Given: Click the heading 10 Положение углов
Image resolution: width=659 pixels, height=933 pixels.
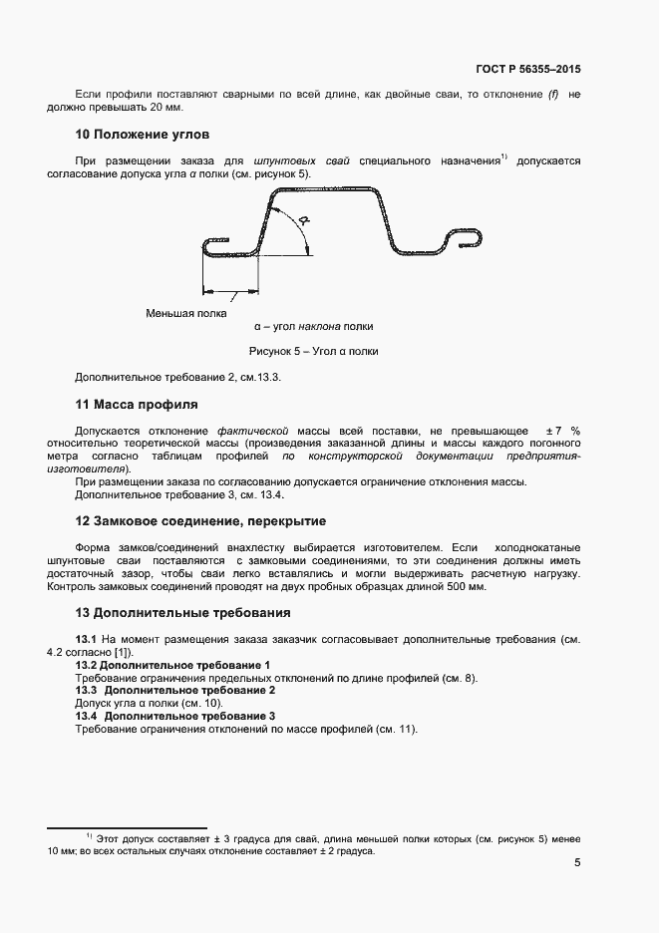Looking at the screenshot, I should click(142, 134).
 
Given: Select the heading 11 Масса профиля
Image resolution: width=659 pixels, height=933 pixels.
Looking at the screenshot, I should click(137, 405).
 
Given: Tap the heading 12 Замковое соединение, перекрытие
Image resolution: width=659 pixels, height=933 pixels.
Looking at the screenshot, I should click(200, 521).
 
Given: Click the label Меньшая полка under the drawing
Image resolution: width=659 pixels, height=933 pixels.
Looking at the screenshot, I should click(185, 313).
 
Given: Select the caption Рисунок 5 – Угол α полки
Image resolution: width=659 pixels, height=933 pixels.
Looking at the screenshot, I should click(313, 351).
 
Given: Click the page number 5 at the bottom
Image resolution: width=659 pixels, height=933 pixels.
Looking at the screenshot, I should click(577, 863).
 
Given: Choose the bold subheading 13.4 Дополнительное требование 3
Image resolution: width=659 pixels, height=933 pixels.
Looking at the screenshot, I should click(174, 717).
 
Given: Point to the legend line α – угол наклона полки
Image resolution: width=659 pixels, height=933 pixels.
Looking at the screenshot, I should click(313, 326).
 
